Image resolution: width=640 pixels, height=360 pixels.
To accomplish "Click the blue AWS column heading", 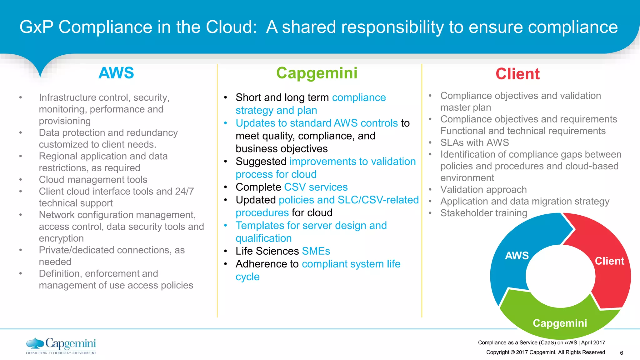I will [x=116, y=73].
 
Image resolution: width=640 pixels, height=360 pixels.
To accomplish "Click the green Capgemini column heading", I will [x=317, y=73].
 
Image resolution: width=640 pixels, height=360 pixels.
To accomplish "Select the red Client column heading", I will [x=517, y=74].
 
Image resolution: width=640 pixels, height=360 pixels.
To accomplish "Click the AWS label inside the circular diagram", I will [x=517, y=256].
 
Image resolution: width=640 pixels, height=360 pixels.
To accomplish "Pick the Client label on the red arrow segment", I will [x=609, y=261].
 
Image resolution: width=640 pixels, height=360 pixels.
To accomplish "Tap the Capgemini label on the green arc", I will [x=560, y=323].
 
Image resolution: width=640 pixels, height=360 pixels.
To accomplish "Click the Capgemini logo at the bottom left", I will [x=61, y=346].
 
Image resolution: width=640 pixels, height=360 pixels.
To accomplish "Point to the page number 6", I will [x=621, y=353].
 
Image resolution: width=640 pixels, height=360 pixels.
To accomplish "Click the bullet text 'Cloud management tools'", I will [x=93, y=180].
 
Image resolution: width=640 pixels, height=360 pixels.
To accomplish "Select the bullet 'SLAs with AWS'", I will [x=474, y=143].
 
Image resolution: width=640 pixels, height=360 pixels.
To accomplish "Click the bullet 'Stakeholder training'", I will [x=483, y=213].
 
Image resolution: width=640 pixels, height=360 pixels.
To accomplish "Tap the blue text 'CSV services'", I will [x=316, y=187].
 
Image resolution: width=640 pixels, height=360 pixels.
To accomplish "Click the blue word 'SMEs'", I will [x=316, y=251].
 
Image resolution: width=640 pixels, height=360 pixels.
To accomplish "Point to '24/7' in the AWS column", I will [x=184, y=191].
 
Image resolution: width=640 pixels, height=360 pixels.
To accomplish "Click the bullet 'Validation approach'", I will [x=483, y=190].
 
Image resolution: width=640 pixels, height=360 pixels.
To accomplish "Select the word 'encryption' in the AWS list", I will [x=61, y=238].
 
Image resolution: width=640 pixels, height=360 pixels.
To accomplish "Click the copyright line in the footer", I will [x=545, y=352].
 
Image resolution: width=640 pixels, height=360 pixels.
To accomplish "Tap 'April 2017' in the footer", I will [x=593, y=342].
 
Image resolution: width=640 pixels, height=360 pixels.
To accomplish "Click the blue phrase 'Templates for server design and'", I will [x=311, y=226].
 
